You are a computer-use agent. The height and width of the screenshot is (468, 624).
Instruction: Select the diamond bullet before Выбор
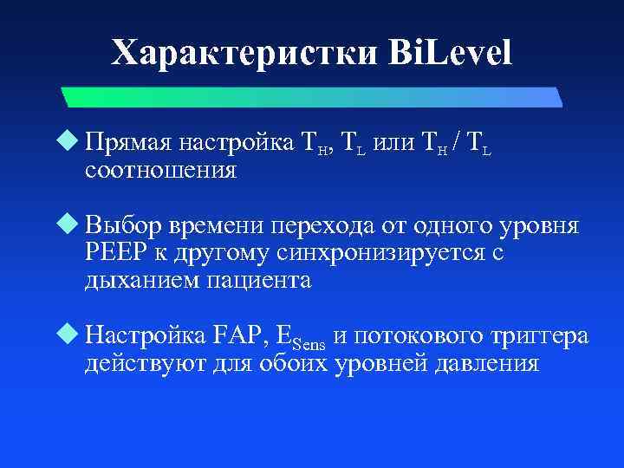[72, 226]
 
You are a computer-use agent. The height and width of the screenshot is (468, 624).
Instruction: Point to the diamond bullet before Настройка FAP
[72, 334]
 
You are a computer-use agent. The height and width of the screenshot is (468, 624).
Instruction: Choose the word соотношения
[161, 169]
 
